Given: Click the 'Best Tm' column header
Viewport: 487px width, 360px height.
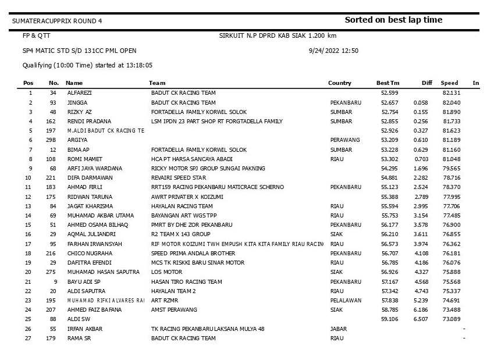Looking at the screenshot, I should (388, 83).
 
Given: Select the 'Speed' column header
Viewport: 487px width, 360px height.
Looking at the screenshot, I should (449, 83).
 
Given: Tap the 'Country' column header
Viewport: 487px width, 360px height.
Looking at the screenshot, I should (340, 83).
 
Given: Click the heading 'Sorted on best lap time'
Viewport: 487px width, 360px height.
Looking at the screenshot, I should (393, 20).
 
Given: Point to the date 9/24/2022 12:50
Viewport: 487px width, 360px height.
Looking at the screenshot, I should (333, 51).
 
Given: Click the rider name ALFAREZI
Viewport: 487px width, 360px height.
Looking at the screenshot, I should (79, 93).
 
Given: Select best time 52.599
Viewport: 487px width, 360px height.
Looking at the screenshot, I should (389, 93).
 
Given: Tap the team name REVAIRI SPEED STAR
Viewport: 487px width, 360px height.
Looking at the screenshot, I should (179, 177).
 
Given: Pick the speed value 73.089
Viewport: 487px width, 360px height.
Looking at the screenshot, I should (451, 319).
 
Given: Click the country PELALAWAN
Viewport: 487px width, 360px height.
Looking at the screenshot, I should (346, 300).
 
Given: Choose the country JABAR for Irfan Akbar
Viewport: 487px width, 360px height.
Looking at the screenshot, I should (339, 329).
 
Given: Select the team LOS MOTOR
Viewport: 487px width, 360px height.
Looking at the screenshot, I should (166, 272).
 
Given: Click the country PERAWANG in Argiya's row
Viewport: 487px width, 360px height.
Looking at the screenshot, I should (345, 140).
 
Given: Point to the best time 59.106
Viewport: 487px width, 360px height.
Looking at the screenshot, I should (389, 319).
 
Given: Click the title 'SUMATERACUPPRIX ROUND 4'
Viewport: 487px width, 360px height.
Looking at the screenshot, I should (56, 21).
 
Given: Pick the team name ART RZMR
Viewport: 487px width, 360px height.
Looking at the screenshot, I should (165, 300).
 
